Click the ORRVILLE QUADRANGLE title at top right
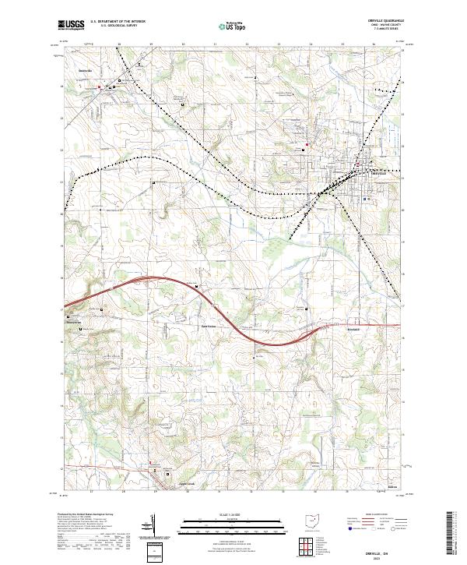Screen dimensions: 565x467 pos(390,22)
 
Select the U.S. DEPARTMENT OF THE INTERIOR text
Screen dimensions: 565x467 pos(118,22)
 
